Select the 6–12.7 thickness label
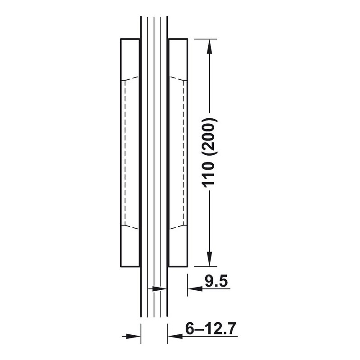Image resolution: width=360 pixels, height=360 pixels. pos(211,329)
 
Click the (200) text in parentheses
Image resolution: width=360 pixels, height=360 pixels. pos(209,138)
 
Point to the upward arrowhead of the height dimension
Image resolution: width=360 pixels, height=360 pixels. pos(209,47)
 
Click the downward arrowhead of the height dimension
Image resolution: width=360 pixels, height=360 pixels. pos(209,259)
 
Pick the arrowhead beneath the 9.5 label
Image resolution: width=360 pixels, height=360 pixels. pos(195,288)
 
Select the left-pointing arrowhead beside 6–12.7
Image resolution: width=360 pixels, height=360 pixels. pos(175,336)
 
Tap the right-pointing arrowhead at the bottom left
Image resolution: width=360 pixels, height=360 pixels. pos(133,336)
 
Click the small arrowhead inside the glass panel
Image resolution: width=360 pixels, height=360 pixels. pos(159,289)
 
